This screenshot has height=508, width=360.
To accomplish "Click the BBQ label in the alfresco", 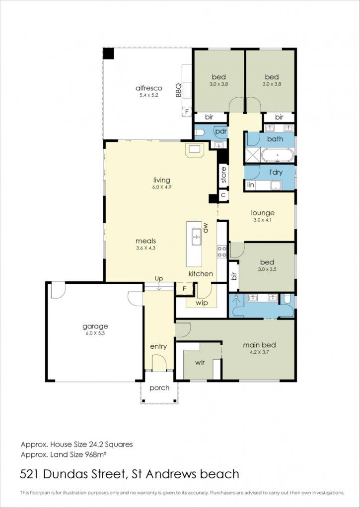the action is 178,91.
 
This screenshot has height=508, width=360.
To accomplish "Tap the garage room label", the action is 95,326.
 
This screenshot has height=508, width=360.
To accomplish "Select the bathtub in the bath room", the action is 278,155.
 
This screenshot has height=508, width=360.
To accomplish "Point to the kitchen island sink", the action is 197,237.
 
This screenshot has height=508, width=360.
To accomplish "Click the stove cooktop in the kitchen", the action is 222,252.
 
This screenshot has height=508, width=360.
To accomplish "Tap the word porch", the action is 159,388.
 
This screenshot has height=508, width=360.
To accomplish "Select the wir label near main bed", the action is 200,363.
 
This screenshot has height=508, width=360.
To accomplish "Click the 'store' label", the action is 223,175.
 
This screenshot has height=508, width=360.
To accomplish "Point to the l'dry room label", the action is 276,172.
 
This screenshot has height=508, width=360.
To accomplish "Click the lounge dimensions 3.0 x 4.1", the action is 263,220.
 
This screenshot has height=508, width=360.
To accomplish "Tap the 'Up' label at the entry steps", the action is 158,279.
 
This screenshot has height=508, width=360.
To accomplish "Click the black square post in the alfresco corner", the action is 109,54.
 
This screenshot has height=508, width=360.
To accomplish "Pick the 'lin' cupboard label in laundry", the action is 250,185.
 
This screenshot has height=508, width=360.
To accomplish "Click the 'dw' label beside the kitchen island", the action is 205,228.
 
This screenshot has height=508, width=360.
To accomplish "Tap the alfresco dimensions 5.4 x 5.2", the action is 149,95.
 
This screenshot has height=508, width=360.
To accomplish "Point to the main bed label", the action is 260,345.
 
